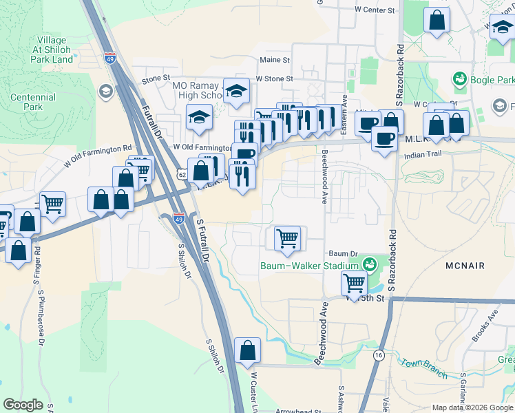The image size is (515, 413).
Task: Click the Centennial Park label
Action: (33, 103)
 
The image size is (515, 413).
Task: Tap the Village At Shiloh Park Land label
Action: (52, 49)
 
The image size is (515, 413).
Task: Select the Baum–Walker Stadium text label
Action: (309, 266)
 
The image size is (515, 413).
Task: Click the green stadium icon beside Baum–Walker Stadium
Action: (370, 264)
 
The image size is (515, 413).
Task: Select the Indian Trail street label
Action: (425, 156)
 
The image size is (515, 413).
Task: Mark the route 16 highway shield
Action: (378, 354)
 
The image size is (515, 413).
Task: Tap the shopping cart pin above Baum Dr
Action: (287, 238)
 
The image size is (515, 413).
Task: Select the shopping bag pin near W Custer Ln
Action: (247, 350)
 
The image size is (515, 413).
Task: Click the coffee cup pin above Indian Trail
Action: (384, 138)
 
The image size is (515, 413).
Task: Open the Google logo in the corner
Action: (23, 405)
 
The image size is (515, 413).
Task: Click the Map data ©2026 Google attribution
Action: (472, 407)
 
